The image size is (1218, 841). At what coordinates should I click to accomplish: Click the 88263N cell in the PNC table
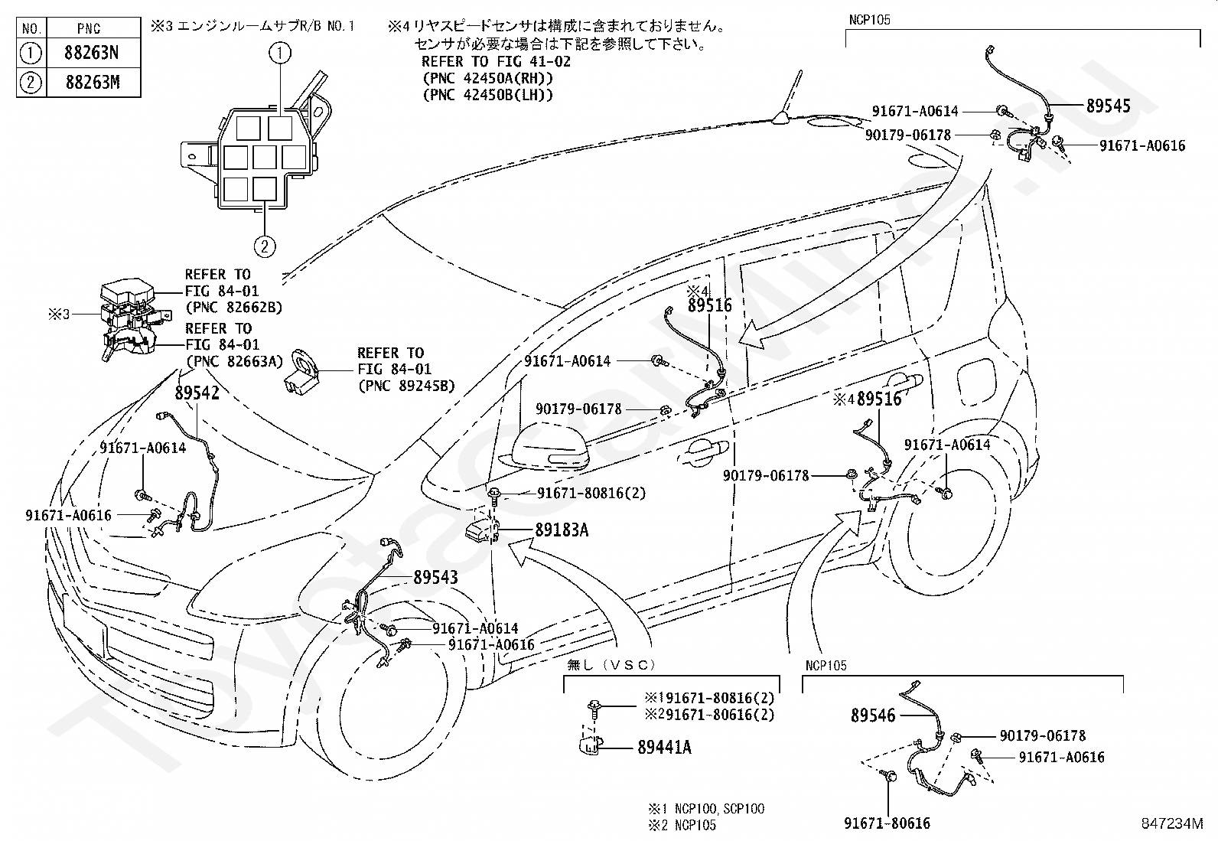pyautogui.click(x=92, y=54)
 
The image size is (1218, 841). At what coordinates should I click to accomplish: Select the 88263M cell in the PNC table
pyautogui.click(x=92, y=82)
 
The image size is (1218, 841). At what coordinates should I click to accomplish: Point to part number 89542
pyautogui.click(x=197, y=393)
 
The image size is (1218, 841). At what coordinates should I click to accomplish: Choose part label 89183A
pyautogui.click(x=561, y=530)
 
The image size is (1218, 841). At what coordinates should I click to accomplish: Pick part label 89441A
pyautogui.click(x=664, y=747)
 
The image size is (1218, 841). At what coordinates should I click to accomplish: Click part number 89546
pyautogui.click(x=873, y=716)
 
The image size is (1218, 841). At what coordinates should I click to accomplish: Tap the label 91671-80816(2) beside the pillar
pyautogui.click(x=591, y=493)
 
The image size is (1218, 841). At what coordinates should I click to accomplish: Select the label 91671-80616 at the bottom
pyautogui.click(x=887, y=823)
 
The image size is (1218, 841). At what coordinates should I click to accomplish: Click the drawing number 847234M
pyautogui.click(x=1171, y=823)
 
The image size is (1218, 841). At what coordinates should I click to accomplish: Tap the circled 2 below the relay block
pyautogui.click(x=264, y=247)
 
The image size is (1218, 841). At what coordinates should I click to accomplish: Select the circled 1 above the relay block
pyautogui.click(x=281, y=53)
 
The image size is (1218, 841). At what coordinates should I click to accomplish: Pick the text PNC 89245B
pyautogui.click(x=406, y=386)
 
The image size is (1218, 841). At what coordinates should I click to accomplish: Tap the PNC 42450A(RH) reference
pyautogui.click(x=487, y=78)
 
